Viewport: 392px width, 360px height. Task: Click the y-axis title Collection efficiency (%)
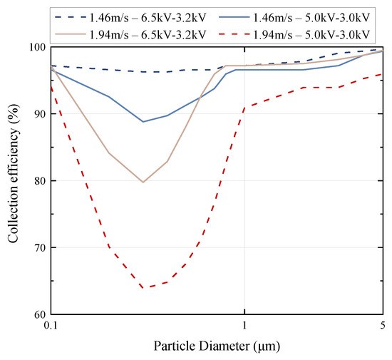tap(14, 180)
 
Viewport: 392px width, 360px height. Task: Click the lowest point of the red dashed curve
tap(143, 288)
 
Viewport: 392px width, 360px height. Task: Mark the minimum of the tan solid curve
tap(143, 182)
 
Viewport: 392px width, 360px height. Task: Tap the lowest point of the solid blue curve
tap(143, 122)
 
